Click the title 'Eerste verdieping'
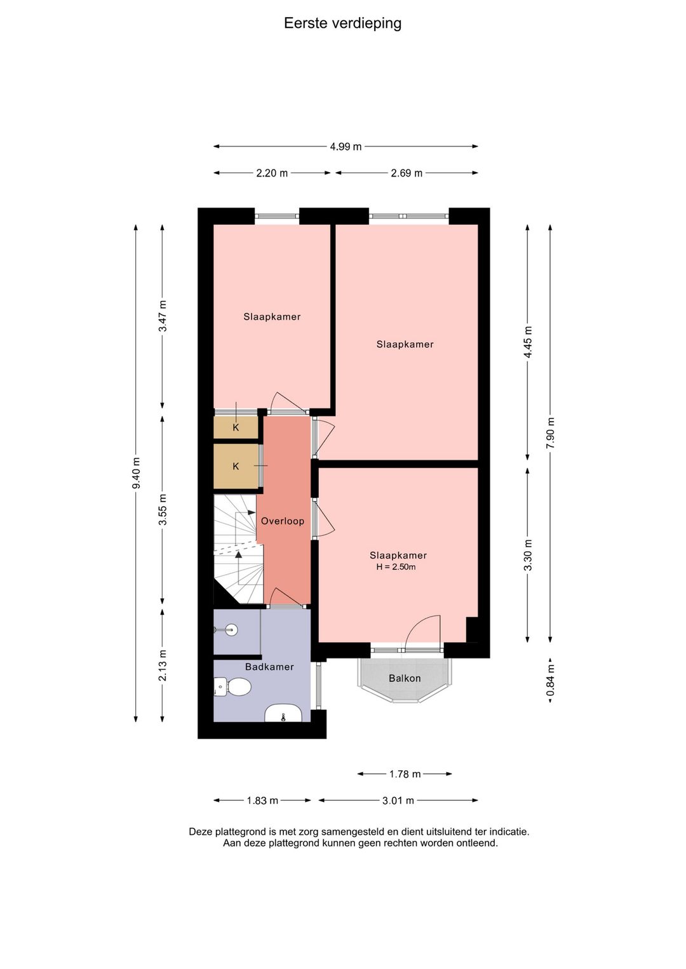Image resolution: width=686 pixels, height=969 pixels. [x=342, y=23]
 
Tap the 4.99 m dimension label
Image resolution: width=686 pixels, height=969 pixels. [x=346, y=147]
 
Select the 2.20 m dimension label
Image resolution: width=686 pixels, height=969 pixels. [x=272, y=173]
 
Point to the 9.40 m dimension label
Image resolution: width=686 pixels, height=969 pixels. [x=136, y=473]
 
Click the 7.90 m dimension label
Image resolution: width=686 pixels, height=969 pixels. [x=550, y=433]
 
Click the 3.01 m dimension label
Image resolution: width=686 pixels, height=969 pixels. [x=398, y=801]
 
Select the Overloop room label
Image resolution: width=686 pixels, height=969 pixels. [x=282, y=521]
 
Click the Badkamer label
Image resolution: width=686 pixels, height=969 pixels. [x=269, y=667]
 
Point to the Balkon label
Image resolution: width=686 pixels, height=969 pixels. [x=405, y=678]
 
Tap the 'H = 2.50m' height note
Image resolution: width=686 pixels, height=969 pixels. [x=396, y=567]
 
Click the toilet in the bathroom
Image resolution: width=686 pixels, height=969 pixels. [x=233, y=686]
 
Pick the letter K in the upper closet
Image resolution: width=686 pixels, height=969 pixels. [x=236, y=427]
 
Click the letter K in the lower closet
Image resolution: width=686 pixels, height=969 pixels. [x=236, y=466]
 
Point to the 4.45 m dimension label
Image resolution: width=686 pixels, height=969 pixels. [x=528, y=342]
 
